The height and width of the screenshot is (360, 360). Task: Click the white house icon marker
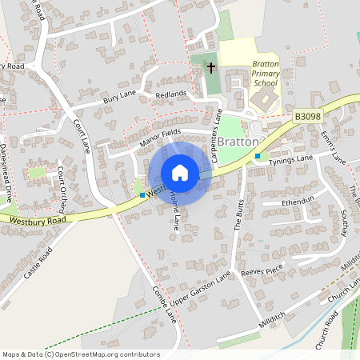(180, 173)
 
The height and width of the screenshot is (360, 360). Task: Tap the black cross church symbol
(212, 67)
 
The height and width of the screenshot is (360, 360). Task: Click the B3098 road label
(306, 116)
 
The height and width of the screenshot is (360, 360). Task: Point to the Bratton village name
(238, 142)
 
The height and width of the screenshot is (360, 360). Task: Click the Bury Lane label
(120, 99)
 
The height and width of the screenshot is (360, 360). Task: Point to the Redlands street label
(170, 94)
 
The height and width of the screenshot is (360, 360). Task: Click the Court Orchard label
(61, 186)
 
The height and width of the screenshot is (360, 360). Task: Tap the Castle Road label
(38, 262)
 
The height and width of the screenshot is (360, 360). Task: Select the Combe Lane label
(165, 305)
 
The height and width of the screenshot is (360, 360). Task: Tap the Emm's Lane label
(333, 148)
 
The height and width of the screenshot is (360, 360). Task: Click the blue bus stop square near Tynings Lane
(258, 155)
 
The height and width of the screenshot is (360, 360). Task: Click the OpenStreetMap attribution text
(80, 354)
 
